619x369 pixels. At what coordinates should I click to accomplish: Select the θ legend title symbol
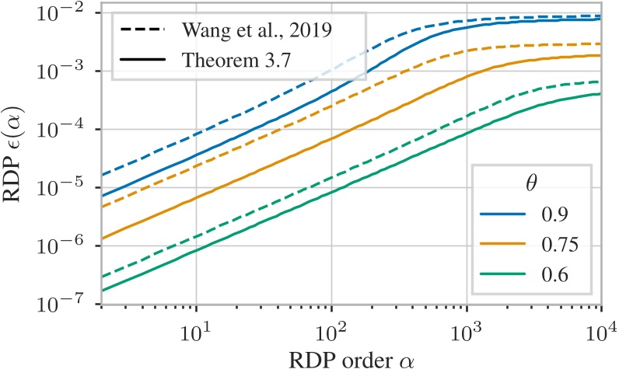[526, 187]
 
